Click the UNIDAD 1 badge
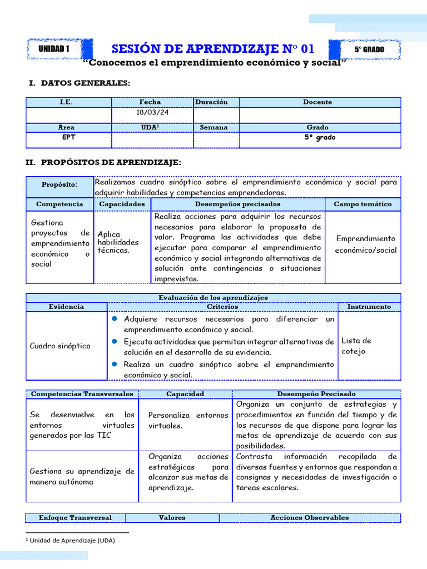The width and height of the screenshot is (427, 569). click(54, 49)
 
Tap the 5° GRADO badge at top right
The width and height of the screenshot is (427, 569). click(369, 49)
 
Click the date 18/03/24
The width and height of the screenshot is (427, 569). click(152, 112)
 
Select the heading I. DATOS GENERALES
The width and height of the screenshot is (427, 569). click(79, 83)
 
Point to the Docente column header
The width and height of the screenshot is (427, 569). click(317, 102)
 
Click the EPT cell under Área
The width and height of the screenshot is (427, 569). click(66, 137)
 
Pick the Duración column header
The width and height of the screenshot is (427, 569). click(211, 102)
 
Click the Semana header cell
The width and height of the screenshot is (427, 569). click(214, 127)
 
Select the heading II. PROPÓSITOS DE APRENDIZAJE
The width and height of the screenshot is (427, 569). click(103, 162)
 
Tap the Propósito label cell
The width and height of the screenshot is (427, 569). click(59, 184)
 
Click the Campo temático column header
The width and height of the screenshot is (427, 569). click(363, 204)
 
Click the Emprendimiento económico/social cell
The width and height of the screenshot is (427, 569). click(365, 244)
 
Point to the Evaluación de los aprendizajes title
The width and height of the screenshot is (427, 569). click(213, 298)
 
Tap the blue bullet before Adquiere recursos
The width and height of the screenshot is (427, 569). click(114, 319)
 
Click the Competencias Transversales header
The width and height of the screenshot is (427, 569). click(82, 394)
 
